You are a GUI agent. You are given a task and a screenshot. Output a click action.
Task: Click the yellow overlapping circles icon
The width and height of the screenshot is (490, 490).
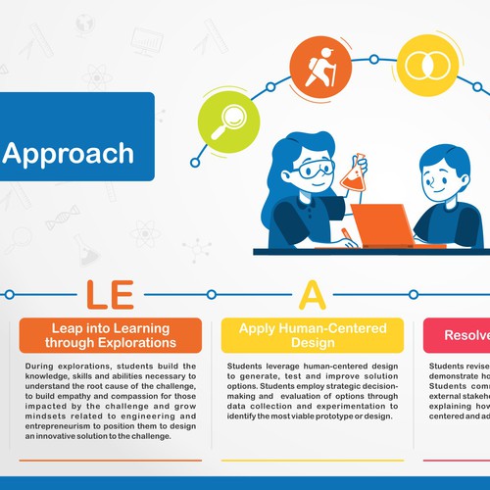(428, 64)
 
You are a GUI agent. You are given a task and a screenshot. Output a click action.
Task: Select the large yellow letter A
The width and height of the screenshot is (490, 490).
(312, 293)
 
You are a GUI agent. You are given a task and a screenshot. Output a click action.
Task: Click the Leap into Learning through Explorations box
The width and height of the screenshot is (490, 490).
(110, 335)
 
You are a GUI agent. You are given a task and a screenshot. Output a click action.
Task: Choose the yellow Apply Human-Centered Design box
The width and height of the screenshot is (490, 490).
(312, 335)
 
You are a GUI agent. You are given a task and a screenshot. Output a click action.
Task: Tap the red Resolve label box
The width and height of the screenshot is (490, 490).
(457, 335)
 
